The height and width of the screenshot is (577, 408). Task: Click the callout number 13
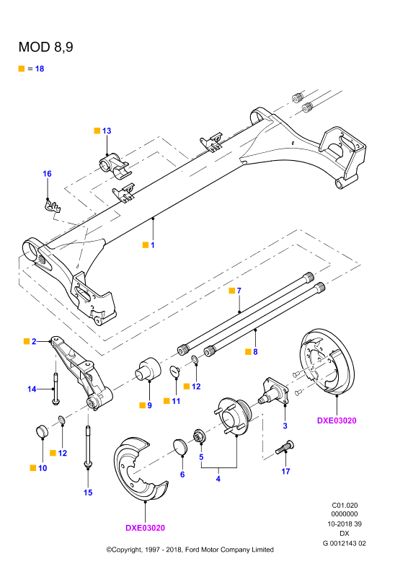107,131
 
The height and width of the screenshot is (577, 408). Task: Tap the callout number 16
47,174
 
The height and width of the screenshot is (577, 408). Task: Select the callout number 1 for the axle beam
153,245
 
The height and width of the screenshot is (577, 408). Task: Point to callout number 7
239,291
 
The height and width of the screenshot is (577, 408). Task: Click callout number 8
255,352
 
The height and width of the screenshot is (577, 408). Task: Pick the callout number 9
149,405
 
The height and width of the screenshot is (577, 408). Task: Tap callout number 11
176,401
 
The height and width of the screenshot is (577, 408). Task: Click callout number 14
32,389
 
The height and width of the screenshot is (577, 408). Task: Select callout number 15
88,493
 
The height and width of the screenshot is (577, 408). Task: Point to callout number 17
286,472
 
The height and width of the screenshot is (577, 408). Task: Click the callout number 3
285,426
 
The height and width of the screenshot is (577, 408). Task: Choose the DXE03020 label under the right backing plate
337,420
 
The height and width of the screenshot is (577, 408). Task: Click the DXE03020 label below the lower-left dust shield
146,528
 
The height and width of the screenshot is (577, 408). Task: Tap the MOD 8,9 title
46,47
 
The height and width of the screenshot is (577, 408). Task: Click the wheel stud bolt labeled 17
285,447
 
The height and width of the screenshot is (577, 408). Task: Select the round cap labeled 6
180,446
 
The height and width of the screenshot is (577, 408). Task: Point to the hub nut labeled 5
200,436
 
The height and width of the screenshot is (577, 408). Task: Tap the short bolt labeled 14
56,389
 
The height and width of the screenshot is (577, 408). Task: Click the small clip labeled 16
52,206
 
